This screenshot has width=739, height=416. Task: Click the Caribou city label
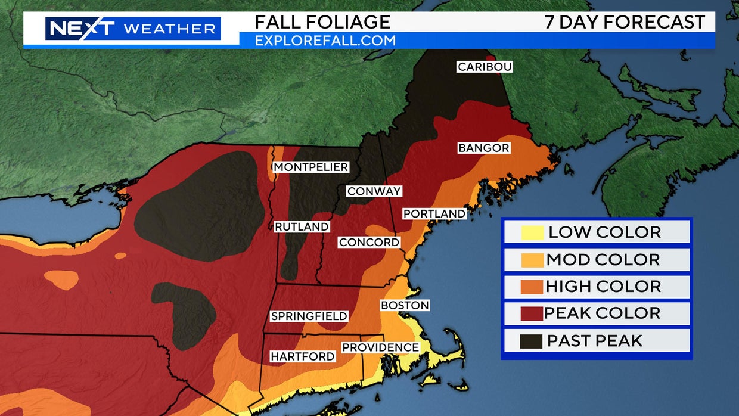pyautogui.click(x=485, y=67)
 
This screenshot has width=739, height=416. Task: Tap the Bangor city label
pyautogui.click(x=484, y=148)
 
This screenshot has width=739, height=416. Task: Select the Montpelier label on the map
pyautogui.click(x=310, y=167)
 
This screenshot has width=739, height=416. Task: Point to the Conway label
pyautogui.click(x=374, y=191)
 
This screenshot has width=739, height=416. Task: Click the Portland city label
pyautogui.click(x=434, y=213)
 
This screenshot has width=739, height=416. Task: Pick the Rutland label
pyautogui.click(x=302, y=227)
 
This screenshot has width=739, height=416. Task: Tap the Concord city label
pyautogui.click(x=369, y=243)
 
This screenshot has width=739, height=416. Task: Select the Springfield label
pyautogui.click(x=309, y=316)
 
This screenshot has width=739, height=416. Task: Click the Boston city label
pyautogui.click(x=405, y=305)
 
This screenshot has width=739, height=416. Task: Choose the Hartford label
pyautogui.click(x=302, y=356)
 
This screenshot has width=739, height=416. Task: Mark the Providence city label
pyautogui.click(x=380, y=347)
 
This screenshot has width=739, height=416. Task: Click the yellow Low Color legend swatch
pyautogui.click(x=532, y=232)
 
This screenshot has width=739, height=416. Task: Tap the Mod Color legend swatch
pyautogui.click(x=532, y=260)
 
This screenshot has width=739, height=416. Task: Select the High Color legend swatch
pyautogui.click(x=532, y=287)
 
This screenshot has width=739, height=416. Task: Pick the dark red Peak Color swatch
pyautogui.click(x=532, y=313)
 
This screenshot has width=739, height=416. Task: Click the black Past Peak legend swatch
pyautogui.click(x=532, y=341)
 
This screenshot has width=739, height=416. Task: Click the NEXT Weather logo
pyautogui.click(x=133, y=28)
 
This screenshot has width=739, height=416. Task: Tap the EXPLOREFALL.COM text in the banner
pyautogui.click(x=325, y=41)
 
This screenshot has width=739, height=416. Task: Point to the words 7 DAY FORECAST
pyautogui.click(x=625, y=22)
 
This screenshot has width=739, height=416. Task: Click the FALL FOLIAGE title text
pyautogui.click(x=322, y=22)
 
